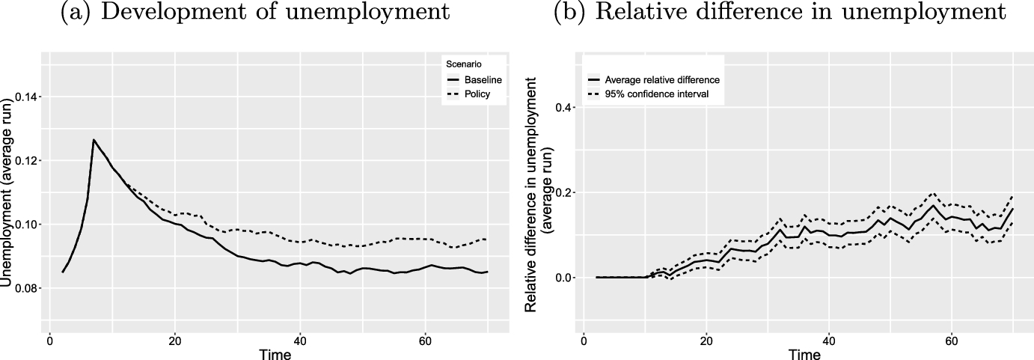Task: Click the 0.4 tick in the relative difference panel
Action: [x=566, y=108]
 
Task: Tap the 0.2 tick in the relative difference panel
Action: [x=566, y=192]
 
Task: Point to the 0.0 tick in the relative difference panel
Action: [x=566, y=278]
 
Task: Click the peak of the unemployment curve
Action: [x=94, y=139]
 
